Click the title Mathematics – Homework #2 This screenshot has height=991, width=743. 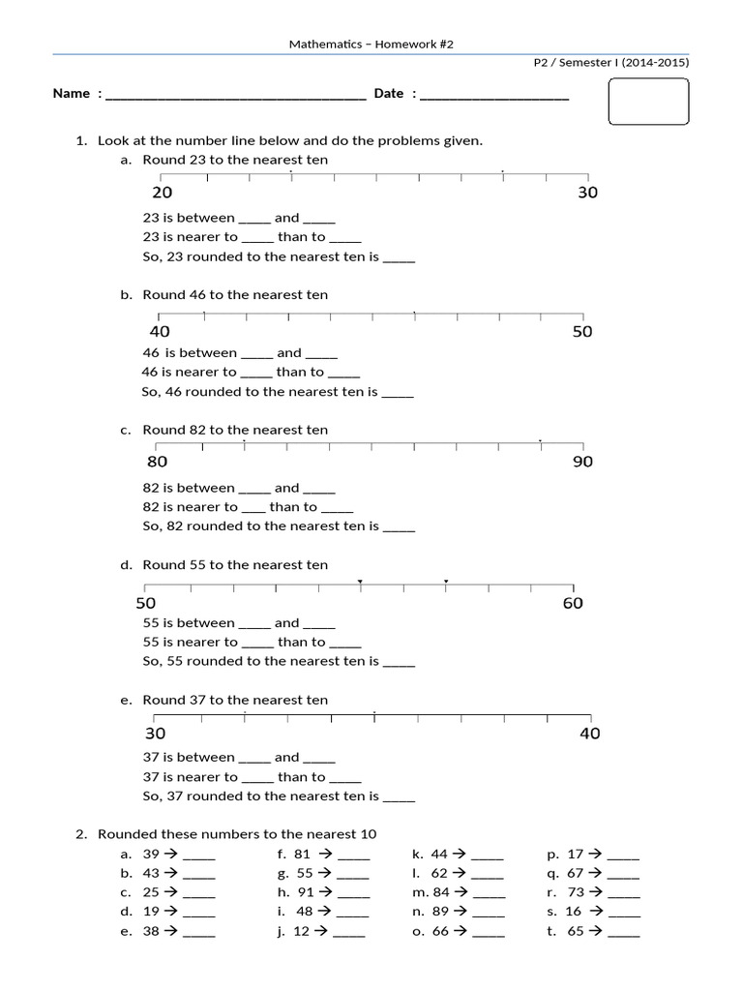click(x=371, y=45)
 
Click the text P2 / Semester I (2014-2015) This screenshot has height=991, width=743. click(x=611, y=63)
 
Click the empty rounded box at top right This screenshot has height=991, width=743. click(x=648, y=103)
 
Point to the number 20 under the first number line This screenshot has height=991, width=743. click(x=163, y=193)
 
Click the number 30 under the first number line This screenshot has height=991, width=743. click(x=587, y=193)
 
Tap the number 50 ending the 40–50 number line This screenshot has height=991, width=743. click(x=581, y=332)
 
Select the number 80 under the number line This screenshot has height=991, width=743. click(x=157, y=462)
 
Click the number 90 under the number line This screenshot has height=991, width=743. click(x=582, y=462)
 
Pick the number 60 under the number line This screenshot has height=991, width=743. click(x=573, y=604)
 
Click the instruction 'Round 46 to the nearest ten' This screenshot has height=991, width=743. click(x=235, y=295)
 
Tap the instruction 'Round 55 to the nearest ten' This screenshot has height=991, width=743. click(x=235, y=565)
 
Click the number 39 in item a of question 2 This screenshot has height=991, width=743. click(x=151, y=855)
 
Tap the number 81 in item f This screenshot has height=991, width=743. click(x=302, y=855)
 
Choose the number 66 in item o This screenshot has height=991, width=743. click(x=440, y=931)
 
